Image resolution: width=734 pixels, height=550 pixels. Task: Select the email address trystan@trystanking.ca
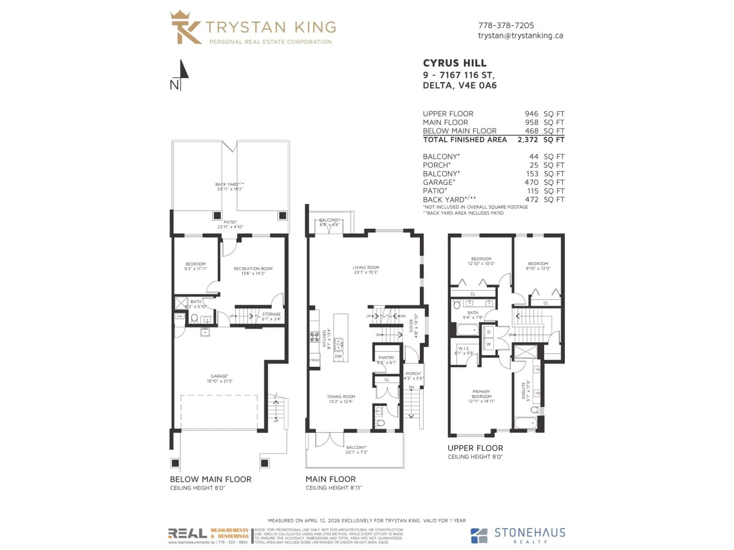(x=520, y=36)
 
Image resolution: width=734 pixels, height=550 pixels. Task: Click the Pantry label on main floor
(x=386, y=358)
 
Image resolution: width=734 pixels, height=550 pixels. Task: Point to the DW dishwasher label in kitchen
(x=338, y=356)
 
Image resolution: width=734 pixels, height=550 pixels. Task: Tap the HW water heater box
(x=179, y=316)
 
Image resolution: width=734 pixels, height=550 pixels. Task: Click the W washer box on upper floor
(x=488, y=344)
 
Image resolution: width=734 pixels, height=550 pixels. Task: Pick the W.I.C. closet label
(x=464, y=349)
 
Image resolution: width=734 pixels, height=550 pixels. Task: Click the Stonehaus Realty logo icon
(x=479, y=536)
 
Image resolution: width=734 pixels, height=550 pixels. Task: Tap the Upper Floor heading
(x=475, y=448)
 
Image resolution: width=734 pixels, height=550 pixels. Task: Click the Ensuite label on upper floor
(x=524, y=390)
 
